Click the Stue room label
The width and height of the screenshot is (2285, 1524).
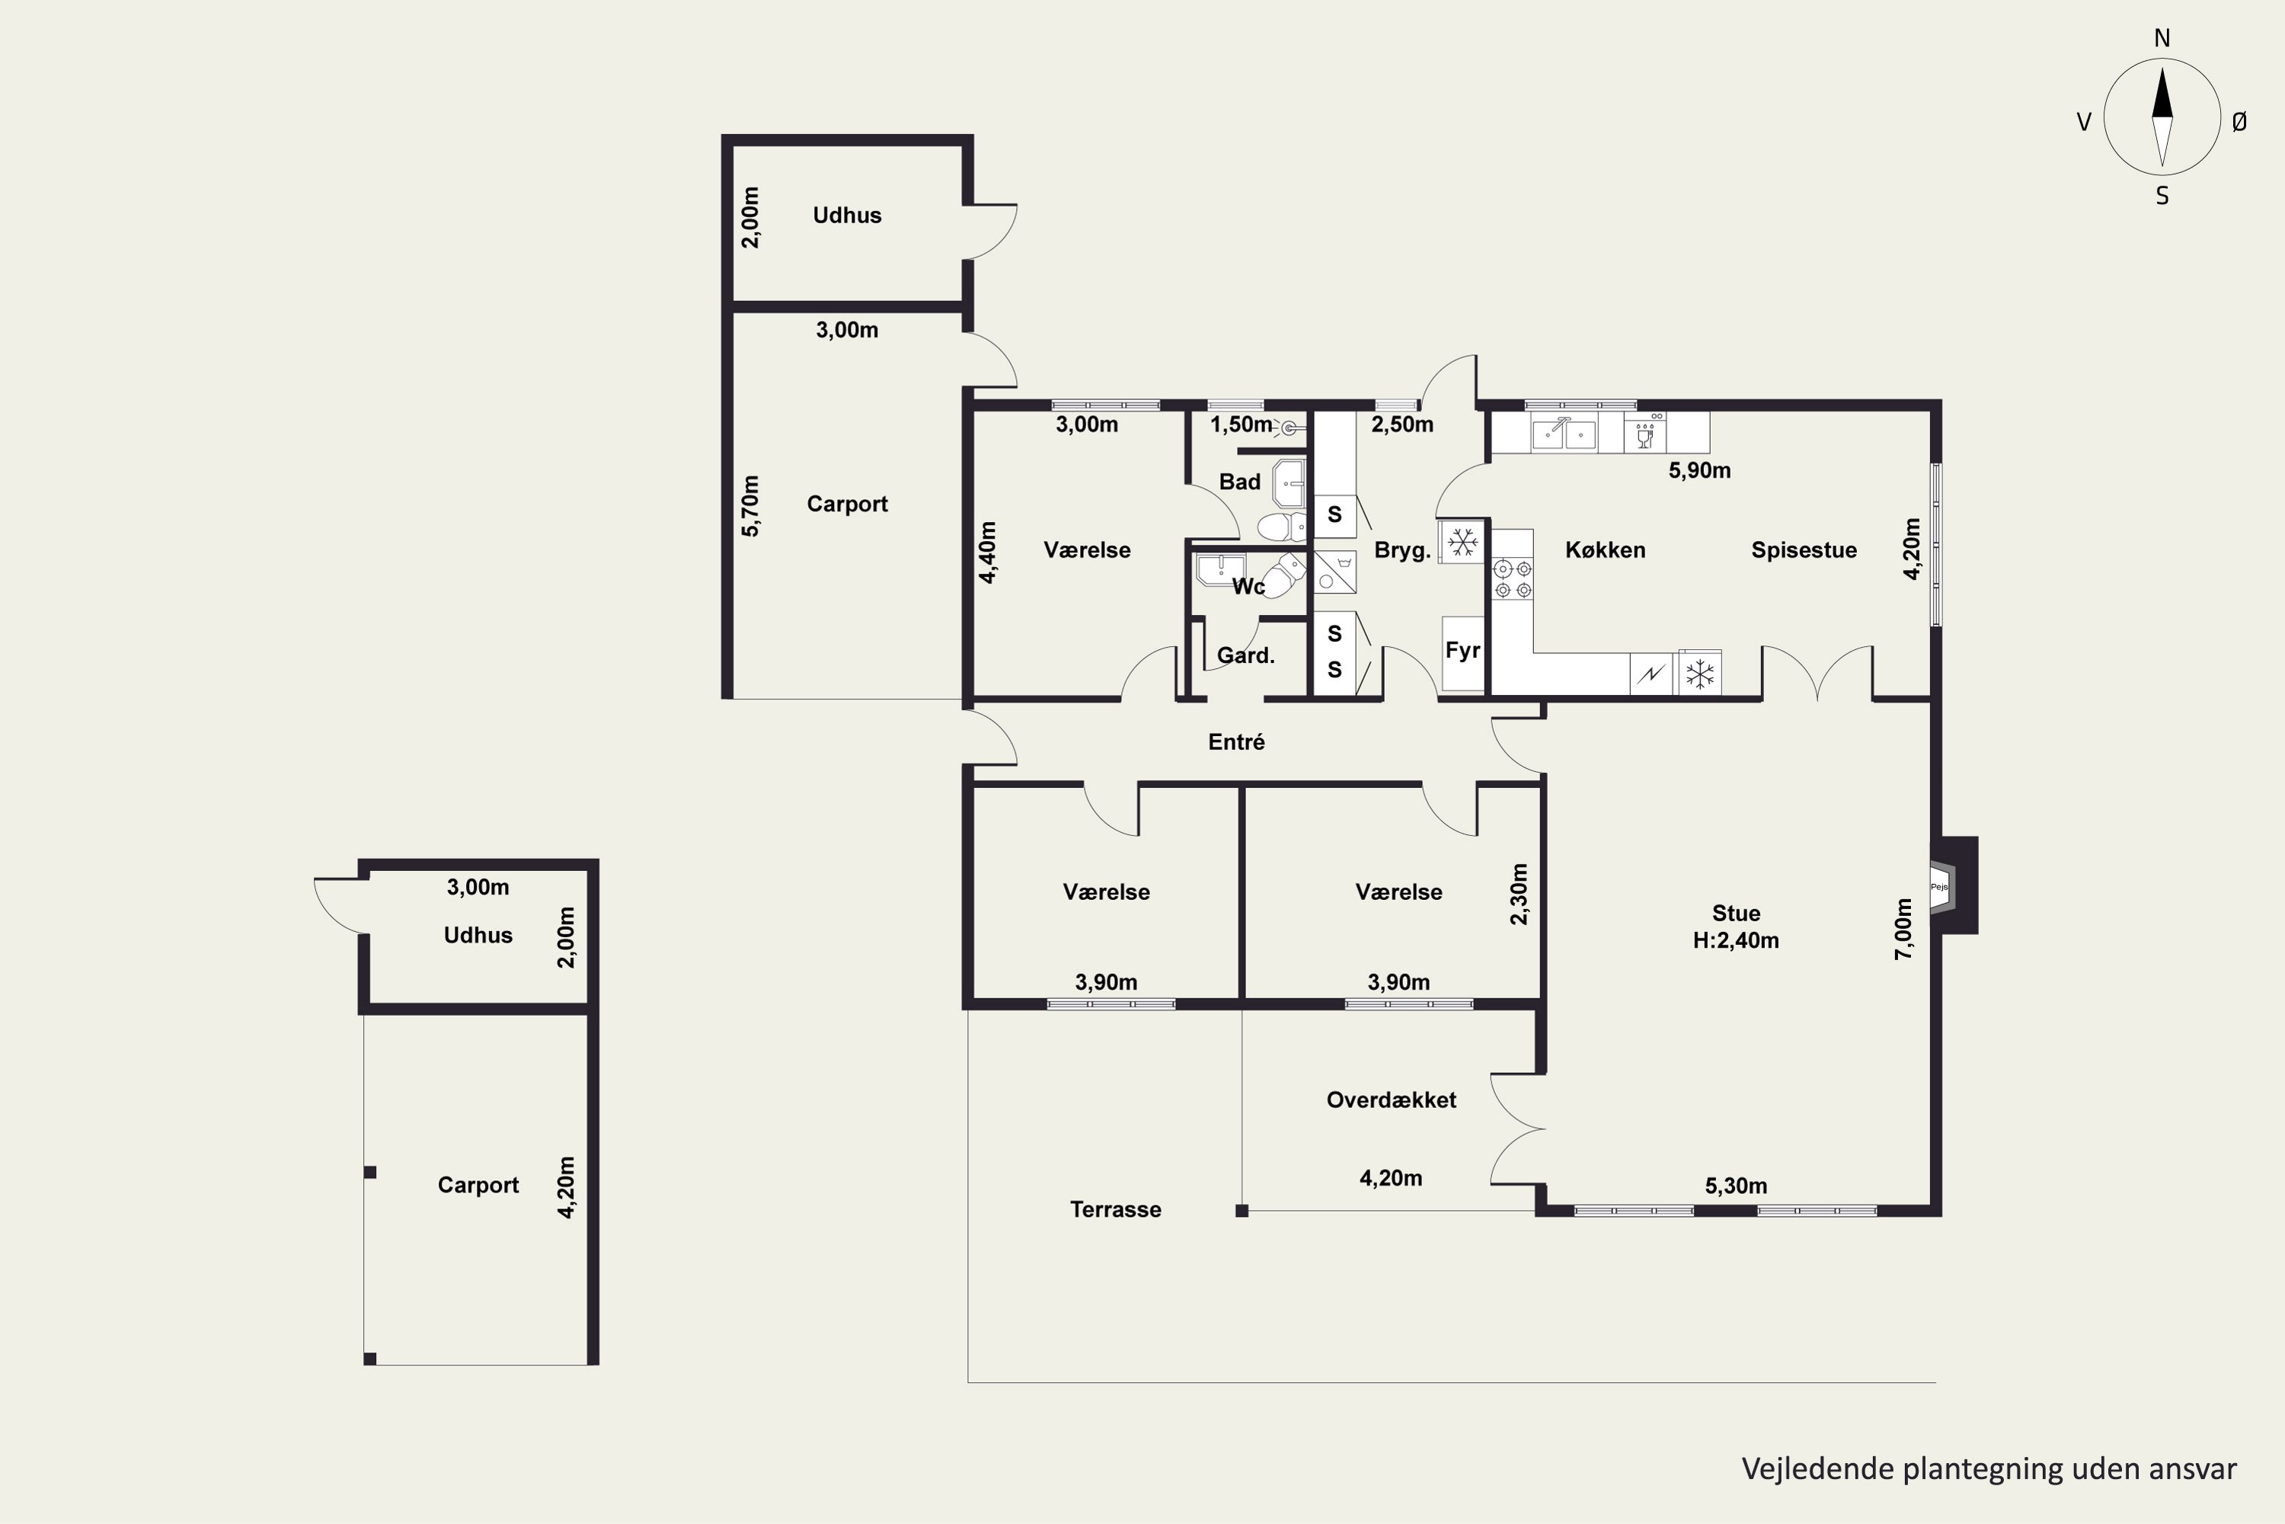pos(1735,914)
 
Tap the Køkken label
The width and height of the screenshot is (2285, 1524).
pos(1605,550)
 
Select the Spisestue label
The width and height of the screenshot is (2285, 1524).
pos(1804,550)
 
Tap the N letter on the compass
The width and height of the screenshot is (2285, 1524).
pos(2162,38)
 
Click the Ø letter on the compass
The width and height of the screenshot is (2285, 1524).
pos(2239,121)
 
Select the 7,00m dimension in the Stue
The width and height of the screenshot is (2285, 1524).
pos(1903,928)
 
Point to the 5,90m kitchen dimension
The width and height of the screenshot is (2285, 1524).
pos(1699,470)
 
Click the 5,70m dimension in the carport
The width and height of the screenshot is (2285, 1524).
pos(750,505)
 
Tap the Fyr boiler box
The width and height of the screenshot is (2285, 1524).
pos(1462,653)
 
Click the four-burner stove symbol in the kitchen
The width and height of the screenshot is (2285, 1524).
pos(1513,578)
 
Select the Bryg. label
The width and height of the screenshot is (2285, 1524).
pos(1402,550)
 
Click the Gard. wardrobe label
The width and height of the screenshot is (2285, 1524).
pos(1245,656)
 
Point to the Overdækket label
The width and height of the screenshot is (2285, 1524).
pos(1392,1100)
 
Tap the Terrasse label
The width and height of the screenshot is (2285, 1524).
pos(1115,1209)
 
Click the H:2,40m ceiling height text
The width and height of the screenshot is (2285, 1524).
pos(1735,941)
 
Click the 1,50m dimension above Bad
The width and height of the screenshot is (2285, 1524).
pos(1241,424)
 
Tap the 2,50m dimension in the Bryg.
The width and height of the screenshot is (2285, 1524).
pos(1402,424)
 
